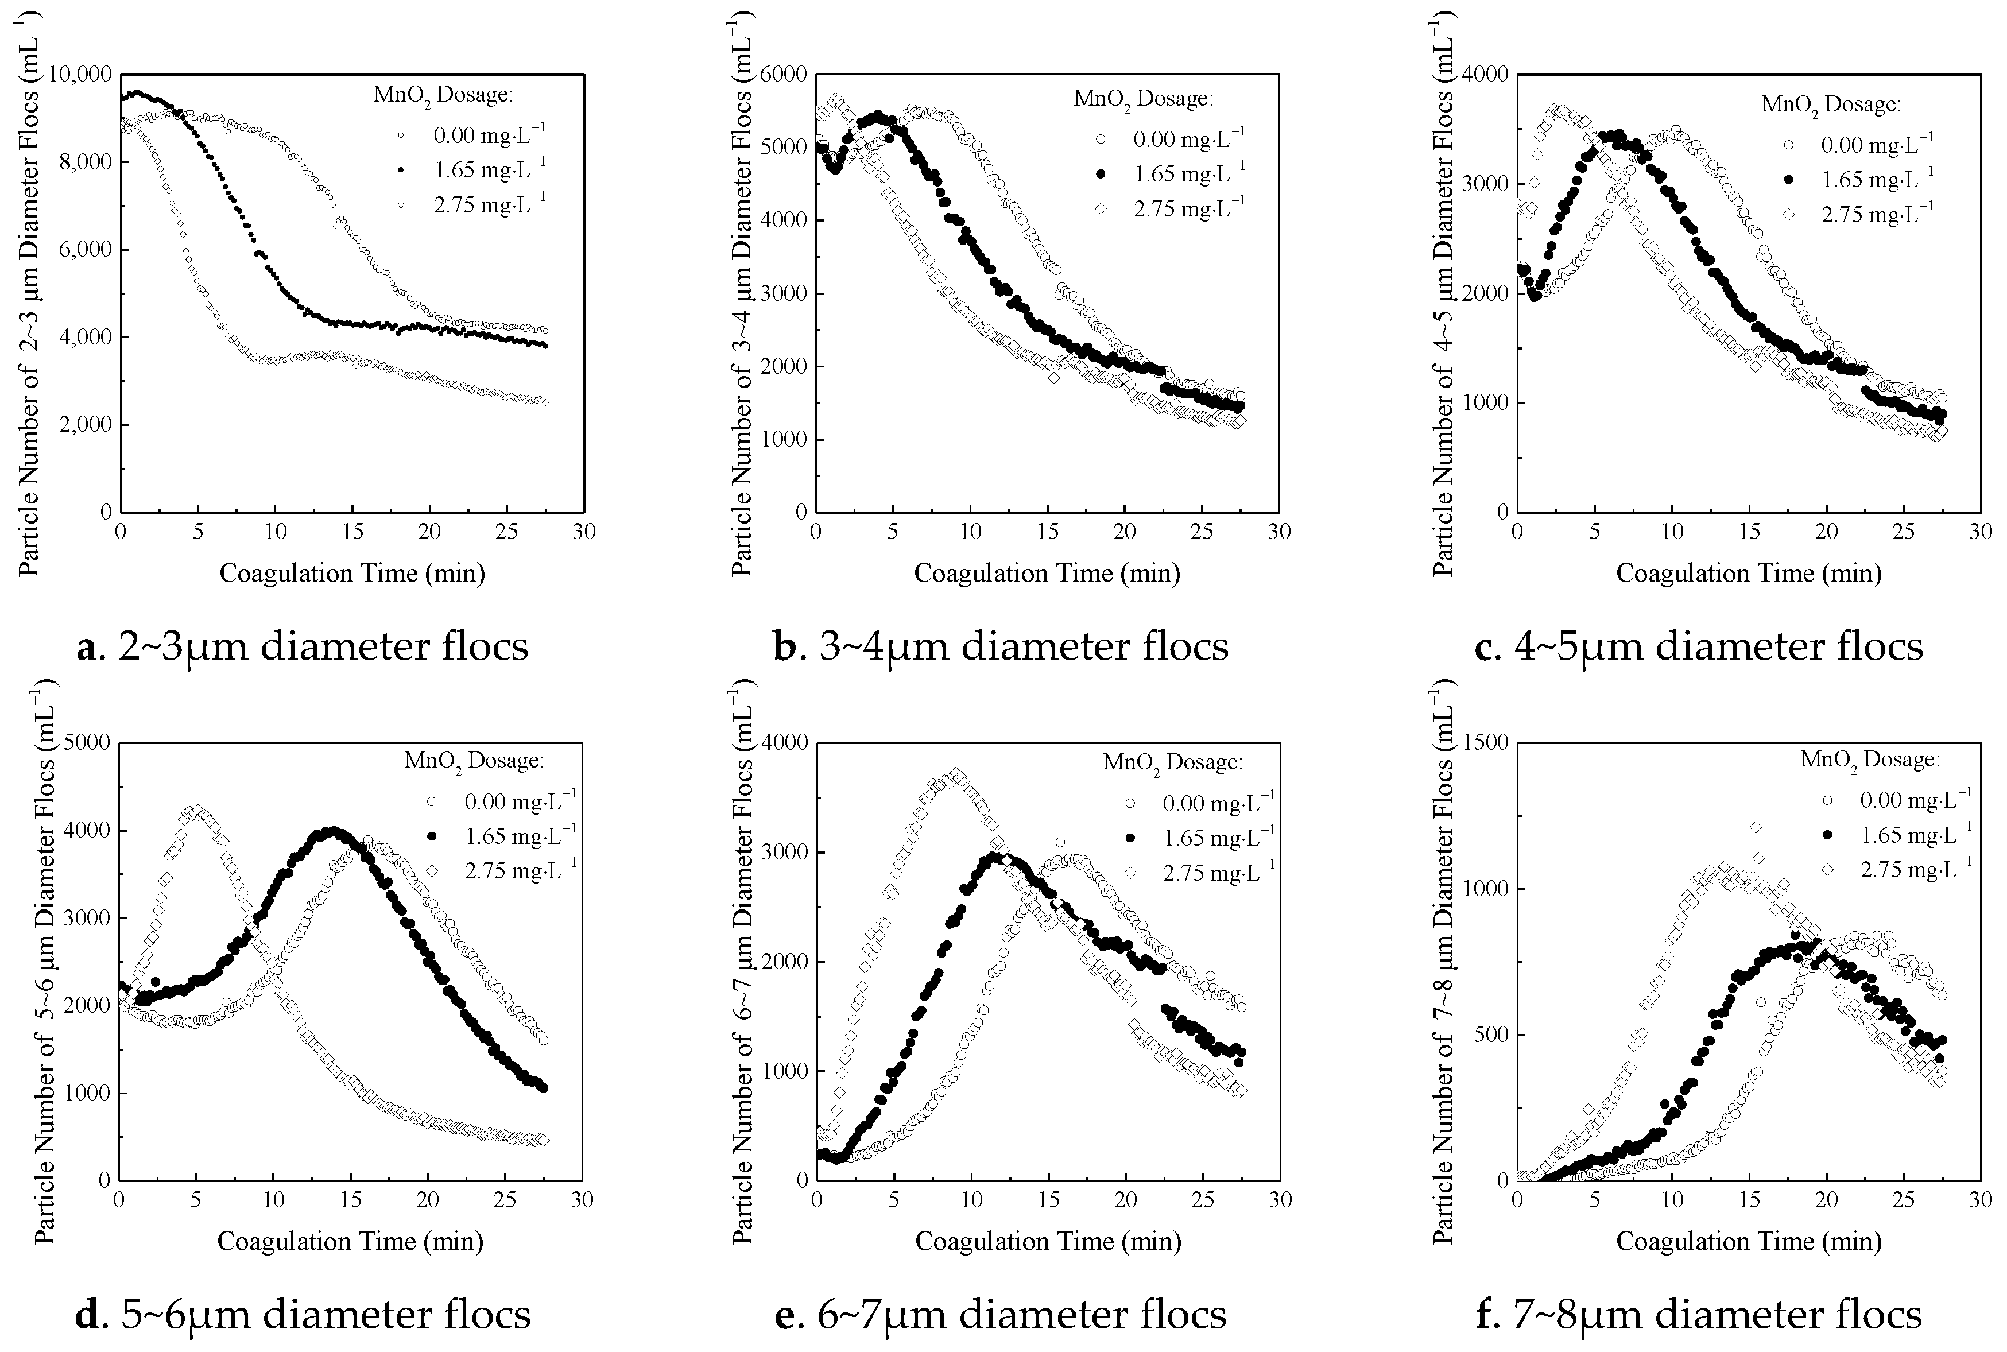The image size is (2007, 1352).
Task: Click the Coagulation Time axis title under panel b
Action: click(x=1047, y=572)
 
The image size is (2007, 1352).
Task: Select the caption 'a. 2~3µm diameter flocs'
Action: click(x=303, y=646)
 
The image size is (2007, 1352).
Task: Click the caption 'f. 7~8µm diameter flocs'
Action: click(x=1698, y=1314)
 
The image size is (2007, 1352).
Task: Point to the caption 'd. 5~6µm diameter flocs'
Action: click(x=303, y=1314)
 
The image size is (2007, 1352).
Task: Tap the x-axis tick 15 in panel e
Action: click(x=1048, y=1199)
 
